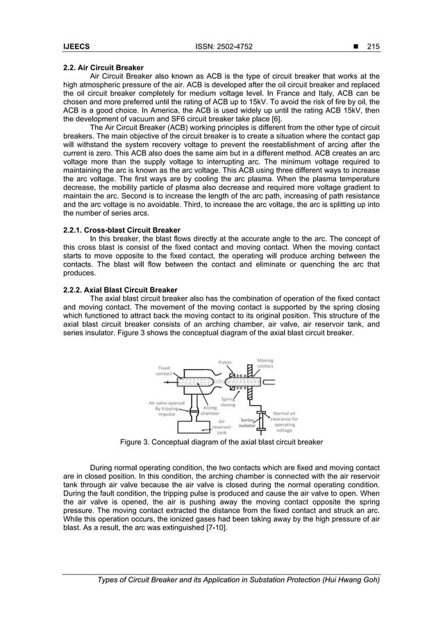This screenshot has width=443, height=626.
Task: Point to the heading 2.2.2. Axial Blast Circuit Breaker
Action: (119, 289)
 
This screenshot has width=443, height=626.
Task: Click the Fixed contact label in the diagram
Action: (164, 371)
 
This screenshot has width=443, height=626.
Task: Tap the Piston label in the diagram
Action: (225, 362)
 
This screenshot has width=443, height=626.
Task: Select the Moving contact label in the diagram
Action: (265, 363)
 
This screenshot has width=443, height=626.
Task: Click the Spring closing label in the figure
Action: (228, 402)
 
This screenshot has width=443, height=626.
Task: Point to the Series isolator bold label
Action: (248, 423)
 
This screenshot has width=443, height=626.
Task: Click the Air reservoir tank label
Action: (222, 426)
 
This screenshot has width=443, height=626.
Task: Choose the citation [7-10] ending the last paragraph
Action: (222, 529)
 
